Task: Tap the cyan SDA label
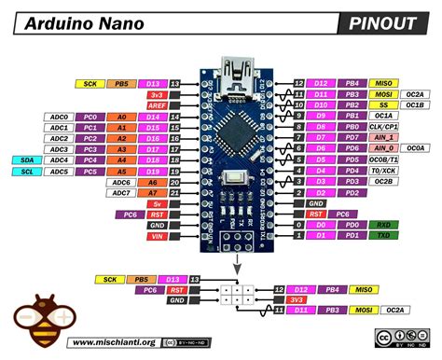29,159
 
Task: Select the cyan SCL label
29,172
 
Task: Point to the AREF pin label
157,107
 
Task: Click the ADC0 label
57,117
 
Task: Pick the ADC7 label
119,193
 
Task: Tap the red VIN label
157,237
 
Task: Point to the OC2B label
384,182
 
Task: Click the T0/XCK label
384,171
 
